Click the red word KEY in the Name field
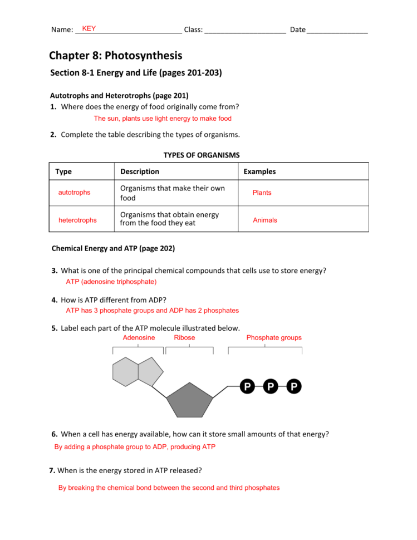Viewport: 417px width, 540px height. coord(89,28)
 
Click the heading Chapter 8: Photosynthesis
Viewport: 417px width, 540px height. coord(115,56)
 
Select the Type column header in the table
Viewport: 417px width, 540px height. coord(63,171)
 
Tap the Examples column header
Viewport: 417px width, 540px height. coord(259,171)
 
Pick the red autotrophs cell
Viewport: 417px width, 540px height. coord(74,193)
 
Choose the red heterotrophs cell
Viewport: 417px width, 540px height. coord(77,220)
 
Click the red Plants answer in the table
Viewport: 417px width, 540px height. coord(262,193)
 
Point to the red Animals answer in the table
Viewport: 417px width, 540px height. coord(265,220)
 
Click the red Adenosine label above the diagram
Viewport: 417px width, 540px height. coord(139,338)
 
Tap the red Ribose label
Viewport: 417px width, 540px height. coord(184,338)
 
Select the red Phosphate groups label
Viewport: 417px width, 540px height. coord(274,338)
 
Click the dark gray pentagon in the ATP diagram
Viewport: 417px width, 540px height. coord(190,401)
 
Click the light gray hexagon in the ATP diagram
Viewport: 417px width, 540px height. coord(125,372)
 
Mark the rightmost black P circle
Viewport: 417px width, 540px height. coord(294,386)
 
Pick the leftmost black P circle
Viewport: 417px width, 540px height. coord(247,386)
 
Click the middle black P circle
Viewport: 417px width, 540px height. coord(271,386)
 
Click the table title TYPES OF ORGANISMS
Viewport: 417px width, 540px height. coord(202,155)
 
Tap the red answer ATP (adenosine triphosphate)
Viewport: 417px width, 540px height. coord(111,282)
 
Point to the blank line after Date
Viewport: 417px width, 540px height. coord(337,30)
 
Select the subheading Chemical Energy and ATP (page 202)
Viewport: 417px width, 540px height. coord(113,248)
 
